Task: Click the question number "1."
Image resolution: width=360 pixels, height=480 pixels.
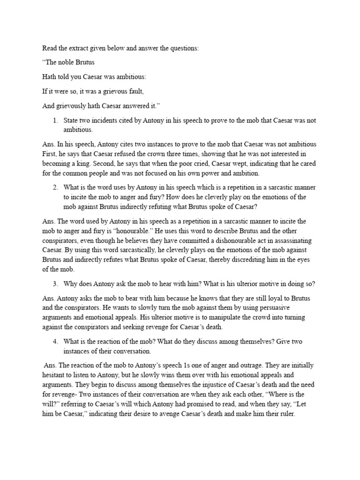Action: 55,120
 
